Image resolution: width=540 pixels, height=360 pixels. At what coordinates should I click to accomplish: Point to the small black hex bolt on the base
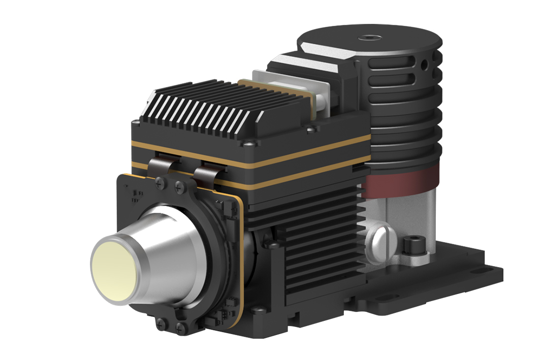pyautogui.click(x=410, y=245)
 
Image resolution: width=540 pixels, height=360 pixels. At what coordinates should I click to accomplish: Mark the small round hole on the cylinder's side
pyautogui.click(x=424, y=64)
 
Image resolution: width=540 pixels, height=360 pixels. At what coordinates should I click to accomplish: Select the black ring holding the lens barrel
pyautogui.click(x=213, y=244)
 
